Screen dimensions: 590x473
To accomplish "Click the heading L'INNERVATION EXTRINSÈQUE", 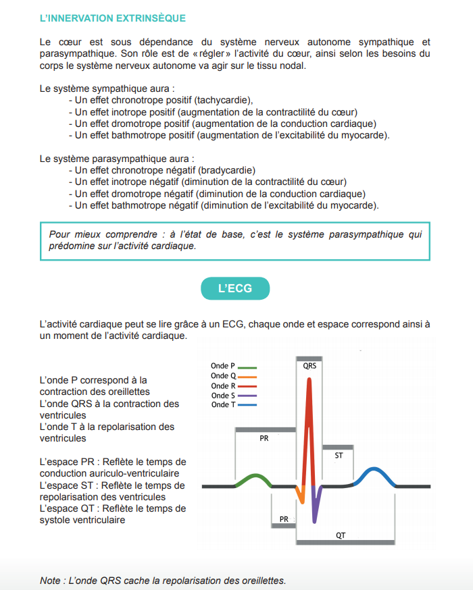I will point(113,18).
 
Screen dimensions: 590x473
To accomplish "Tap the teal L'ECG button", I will point(235,288).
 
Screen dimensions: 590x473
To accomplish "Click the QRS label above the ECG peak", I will point(310,365).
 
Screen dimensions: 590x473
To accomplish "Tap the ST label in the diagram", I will point(339,456).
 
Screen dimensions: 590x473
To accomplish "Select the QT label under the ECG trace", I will point(341,535).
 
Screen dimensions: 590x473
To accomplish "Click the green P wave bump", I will point(252,478).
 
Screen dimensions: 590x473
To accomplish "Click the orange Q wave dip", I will point(301,496).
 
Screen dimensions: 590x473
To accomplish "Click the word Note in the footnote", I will point(51,581).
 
